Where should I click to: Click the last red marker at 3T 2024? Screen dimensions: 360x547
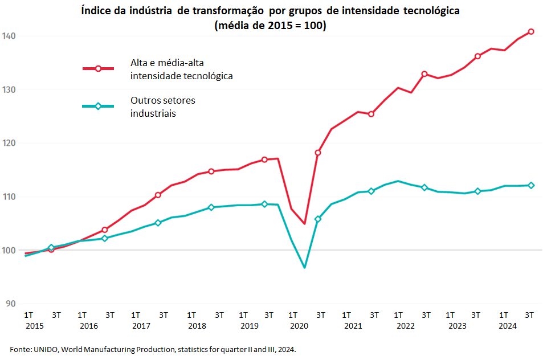coord(531,31)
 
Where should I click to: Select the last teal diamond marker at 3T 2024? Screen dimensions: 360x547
coord(531,185)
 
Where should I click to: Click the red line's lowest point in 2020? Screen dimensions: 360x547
coord(305,223)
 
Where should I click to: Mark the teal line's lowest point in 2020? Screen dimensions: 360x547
coord(305,267)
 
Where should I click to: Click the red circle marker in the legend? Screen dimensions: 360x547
coord(98,68)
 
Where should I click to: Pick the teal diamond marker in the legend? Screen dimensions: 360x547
coord(98,106)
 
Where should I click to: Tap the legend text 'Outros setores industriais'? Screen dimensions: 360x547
coord(162,107)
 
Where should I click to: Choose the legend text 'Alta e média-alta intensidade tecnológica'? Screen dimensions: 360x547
coord(181,69)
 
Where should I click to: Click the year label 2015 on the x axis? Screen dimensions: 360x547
coord(34,326)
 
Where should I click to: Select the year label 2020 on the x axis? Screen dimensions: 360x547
coord(299,326)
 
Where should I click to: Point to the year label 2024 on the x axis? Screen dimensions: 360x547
coord(508,326)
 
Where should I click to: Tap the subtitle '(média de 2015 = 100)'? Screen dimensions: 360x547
coord(270,26)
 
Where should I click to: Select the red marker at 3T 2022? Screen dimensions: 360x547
coord(424,74)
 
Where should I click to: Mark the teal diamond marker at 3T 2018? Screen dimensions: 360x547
coord(211,207)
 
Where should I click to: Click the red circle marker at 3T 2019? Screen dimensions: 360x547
coord(264,159)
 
